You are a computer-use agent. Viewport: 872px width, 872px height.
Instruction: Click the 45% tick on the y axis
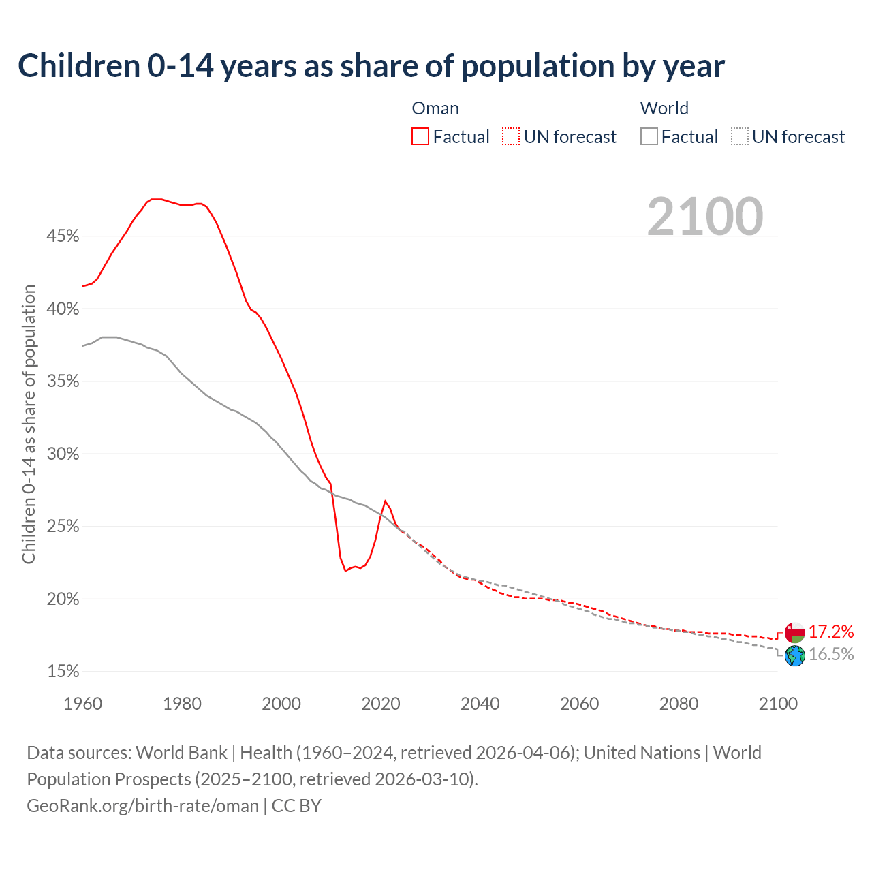point(63,236)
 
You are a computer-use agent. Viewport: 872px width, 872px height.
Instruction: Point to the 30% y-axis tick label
point(63,454)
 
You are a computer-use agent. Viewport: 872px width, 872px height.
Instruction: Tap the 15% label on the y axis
point(63,672)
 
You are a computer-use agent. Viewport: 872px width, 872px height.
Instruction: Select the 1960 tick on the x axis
point(82,704)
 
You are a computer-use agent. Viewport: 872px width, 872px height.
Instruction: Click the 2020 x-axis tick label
point(381,704)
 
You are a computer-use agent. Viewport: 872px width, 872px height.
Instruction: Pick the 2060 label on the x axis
point(579,704)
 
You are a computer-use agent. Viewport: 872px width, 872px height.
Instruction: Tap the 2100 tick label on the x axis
point(778,704)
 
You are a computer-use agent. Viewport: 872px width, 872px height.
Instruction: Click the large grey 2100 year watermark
point(705,217)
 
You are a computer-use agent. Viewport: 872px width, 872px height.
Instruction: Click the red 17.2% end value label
point(831,632)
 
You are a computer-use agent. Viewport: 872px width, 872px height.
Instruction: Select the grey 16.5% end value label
point(831,655)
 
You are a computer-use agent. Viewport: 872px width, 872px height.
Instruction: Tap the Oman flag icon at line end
point(795,632)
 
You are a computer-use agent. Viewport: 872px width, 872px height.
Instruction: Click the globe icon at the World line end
point(795,655)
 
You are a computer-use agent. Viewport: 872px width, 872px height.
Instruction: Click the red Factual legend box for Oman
point(420,137)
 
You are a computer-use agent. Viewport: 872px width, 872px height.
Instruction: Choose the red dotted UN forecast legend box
point(511,137)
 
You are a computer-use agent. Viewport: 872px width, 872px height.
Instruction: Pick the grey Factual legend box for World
point(649,137)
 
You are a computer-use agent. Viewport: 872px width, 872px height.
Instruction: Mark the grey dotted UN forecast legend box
point(740,137)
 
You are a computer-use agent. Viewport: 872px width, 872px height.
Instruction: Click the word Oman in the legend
point(435,108)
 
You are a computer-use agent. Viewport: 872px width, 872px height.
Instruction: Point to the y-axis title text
point(29,424)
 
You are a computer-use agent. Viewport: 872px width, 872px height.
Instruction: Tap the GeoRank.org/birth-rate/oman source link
point(142,806)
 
